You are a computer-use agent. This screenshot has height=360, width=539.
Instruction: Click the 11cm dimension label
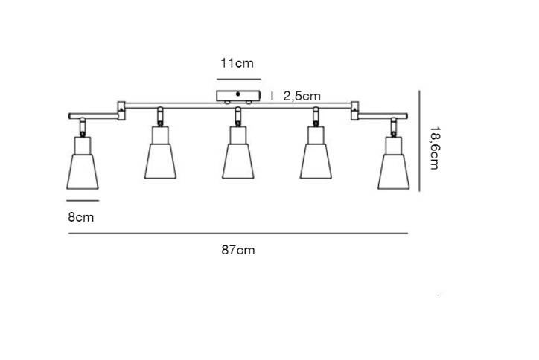pos(237,63)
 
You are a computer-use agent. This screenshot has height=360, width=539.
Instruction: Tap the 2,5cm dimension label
pos(302,96)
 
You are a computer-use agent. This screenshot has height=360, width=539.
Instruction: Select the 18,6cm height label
pos(435,148)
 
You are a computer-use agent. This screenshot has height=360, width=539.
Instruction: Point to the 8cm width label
pos(81,217)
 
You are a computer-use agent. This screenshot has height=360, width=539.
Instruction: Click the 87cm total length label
pos(238,250)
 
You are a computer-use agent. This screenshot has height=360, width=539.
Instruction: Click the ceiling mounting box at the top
pos(238,96)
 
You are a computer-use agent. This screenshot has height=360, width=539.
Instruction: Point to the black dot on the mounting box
pos(238,94)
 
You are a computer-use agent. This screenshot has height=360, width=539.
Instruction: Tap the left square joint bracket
pos(121,111)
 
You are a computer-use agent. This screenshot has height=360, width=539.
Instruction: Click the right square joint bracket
pos(355,111)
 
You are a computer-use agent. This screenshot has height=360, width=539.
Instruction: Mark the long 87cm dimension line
pos(238,234)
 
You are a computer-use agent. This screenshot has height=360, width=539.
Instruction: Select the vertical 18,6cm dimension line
pos(419,141)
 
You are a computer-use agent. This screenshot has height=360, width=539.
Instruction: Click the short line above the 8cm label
pos(83,200)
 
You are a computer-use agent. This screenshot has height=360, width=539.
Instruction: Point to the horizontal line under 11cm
pos(238,79)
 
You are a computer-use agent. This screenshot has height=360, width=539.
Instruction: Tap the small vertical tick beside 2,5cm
pos(272,96)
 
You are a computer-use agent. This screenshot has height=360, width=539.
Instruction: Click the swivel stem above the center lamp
pos(238,117)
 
